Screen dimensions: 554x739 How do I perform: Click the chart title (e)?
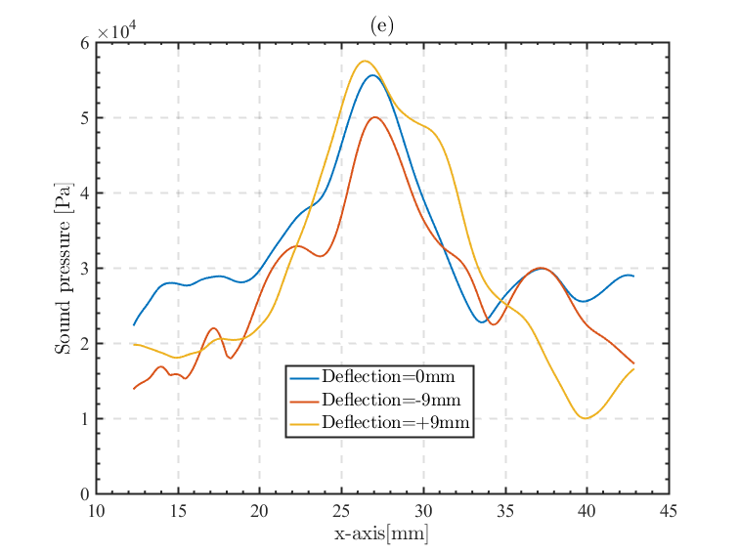click(x=382, y=25)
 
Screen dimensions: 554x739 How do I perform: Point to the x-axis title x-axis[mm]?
click(x=382, y=534)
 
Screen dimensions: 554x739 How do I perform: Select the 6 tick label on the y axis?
click(x=85, y=43)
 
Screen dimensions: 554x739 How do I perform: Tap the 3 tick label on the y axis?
click(x=85, y=269)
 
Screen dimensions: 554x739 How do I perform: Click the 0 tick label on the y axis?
click(x=85, y=494)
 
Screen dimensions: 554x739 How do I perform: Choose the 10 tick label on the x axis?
click(x=96, y=511)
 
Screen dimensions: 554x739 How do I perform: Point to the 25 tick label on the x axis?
click(x=341, y=511)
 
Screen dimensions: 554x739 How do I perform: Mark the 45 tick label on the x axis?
click(x=669, y=511)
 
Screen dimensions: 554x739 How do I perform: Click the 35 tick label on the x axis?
click(x=505, y=511)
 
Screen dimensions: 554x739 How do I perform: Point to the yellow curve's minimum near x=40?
click(x=586, y=418)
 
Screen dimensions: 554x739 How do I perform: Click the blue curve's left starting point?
click(x=134, y=324)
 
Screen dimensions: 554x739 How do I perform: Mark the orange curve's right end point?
click(x=633, y=363)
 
